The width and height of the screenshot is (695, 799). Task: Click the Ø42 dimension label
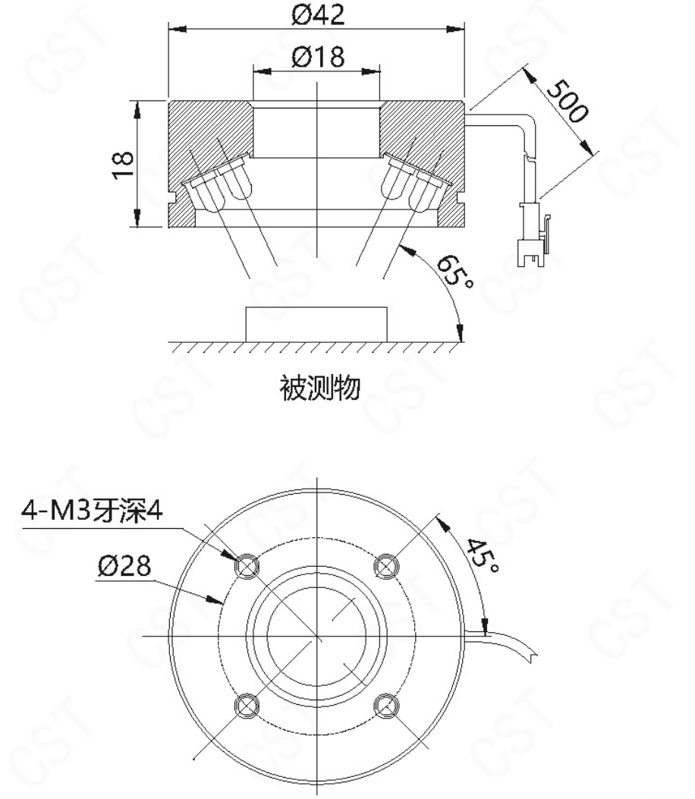pos(317,14)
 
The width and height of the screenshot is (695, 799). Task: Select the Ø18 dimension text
pos(317,56)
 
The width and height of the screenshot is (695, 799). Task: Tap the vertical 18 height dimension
pos(124,164)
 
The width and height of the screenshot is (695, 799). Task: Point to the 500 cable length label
pos(567,101)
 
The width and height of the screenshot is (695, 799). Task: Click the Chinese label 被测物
pos(320,388)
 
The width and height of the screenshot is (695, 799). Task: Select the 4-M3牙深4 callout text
pos(92,510)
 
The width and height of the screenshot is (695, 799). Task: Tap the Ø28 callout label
pos(124,565)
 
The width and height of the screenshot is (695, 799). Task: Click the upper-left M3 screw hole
pos(247,566)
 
